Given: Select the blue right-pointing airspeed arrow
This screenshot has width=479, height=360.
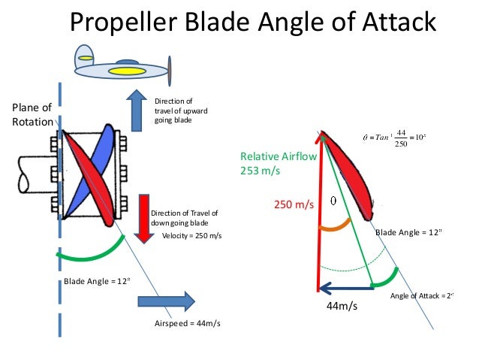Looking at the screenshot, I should [x=165, y=301].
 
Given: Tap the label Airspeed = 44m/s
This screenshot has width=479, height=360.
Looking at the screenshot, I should [x=187, y=324].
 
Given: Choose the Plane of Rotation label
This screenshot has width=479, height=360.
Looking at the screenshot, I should [x=32, y=114].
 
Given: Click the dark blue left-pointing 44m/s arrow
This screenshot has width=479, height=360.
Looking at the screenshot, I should [x=345, y=286].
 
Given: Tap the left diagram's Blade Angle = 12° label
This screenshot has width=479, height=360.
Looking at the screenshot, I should [x=97, y=281].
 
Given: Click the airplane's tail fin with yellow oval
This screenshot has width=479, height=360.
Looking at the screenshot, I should [x=85, y=55].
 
